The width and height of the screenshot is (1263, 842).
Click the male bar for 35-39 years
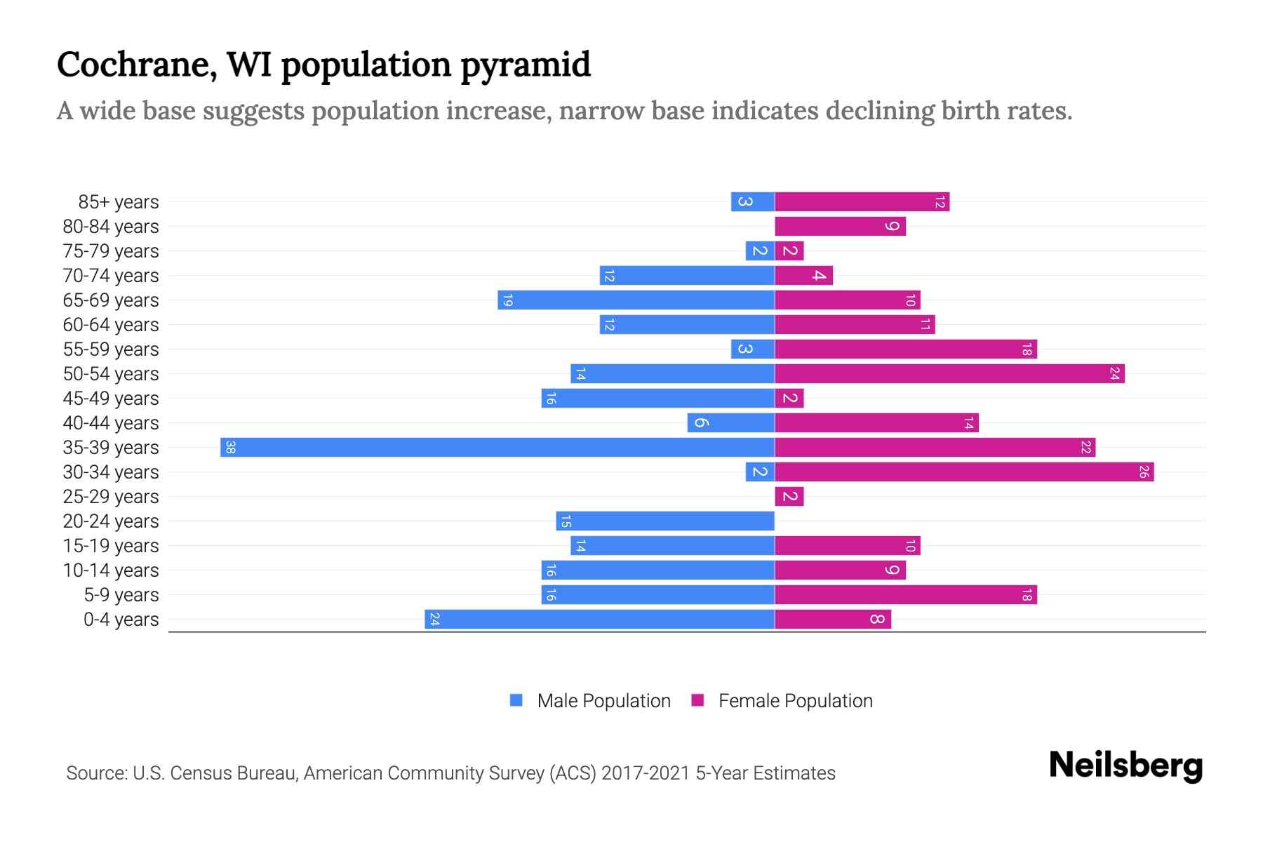pos(497,448)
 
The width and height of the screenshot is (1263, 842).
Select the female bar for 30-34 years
pos(964,472)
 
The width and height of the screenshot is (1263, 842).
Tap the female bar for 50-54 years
pos(949,374)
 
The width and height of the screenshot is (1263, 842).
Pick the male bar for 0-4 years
pos(600,620)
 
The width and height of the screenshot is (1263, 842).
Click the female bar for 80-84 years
pos(840,227)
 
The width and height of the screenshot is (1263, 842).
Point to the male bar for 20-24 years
pos(665,521)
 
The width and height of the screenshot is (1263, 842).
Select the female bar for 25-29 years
pos(789,497)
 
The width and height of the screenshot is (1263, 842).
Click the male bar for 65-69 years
pos(636,300)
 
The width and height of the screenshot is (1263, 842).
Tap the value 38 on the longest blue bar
pos(230,448)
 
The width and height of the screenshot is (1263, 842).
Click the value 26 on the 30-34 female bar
pos(1143,472)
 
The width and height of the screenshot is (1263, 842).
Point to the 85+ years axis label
pos(118,202)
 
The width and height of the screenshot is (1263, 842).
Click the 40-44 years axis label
pos(111,423)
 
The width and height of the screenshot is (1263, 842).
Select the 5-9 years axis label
pos(121,595)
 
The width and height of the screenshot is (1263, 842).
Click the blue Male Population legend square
pos(516,700)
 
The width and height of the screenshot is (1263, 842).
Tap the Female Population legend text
pos(795,701)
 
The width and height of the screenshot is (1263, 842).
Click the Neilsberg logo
pos(1125,766)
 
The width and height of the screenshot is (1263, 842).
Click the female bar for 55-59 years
pos(906,349)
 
